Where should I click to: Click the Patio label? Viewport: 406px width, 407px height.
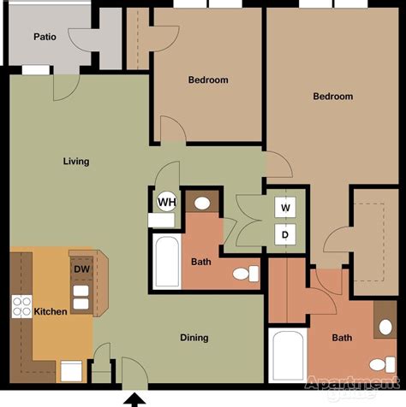coord(45,36)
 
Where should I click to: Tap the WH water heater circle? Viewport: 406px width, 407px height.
coord(165,202)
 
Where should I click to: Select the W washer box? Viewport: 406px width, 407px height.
coord(285,207)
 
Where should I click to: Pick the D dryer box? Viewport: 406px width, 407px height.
coord(285,233)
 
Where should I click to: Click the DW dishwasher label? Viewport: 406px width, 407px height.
coord(81,269)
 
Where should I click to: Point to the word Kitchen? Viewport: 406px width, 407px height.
coord(50,311)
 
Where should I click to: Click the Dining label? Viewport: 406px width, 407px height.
coord(194,338)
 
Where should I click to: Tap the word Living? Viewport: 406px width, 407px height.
coord(76,161)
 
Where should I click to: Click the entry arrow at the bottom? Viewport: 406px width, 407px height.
coord(134,398)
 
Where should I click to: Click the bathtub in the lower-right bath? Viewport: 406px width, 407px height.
coord(286,357)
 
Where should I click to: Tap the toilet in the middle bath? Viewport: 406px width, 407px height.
coord(248,274)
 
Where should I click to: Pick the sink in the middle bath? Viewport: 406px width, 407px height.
coord(203,203)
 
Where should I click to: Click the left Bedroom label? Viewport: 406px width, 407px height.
coord(208,80)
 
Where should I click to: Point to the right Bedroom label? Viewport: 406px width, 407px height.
coord(332,97)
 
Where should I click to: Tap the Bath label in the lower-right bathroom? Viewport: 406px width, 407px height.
coord(342,338)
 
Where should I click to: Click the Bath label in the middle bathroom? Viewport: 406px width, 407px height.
coord(201,262)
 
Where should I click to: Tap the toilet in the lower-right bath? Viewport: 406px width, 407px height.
coord(383,325)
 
